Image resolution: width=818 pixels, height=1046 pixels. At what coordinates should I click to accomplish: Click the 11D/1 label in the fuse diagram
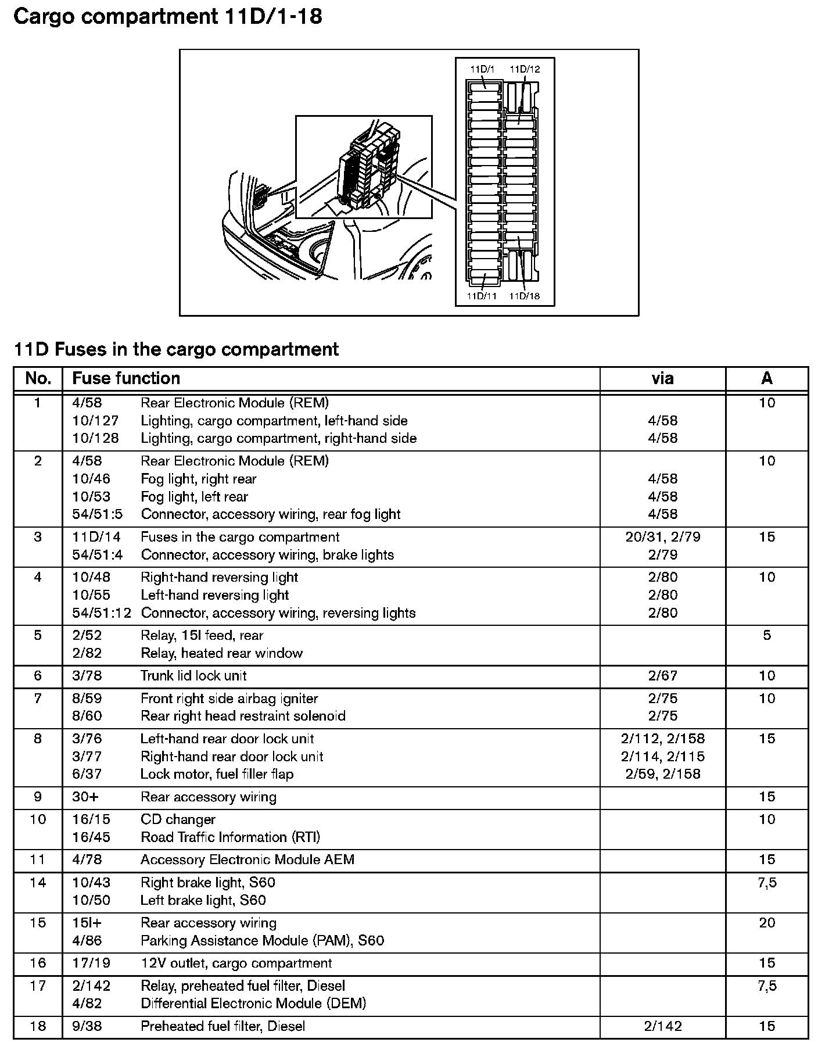point(482,69)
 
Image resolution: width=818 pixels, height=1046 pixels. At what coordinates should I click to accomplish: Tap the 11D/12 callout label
point(525,69)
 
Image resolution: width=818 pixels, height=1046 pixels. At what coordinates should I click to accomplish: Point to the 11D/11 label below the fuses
point(482,296)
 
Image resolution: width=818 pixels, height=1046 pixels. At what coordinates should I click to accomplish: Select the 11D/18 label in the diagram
point(524,296)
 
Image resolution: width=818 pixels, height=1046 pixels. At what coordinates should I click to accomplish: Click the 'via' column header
point(662,379)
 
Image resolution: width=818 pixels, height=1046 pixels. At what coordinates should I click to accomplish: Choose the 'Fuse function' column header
point(125,379)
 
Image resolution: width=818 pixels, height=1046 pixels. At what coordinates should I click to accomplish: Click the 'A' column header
point(767,379)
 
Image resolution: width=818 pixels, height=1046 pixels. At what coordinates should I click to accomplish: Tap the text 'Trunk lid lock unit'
point(193,676)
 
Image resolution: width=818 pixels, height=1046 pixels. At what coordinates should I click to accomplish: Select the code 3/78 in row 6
point(87,676)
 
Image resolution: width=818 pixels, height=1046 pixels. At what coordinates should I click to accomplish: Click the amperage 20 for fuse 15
point(767,923)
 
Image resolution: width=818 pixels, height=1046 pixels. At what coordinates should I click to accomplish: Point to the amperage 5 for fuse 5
point(767,635)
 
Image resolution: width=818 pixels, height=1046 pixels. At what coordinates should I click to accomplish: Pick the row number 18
point(38,1026)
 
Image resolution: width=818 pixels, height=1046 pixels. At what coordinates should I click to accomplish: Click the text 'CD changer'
point(178,819)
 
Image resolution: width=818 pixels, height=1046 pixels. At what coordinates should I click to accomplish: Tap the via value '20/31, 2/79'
point(662,537)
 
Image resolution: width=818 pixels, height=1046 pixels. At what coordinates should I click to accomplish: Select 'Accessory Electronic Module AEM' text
point(247,859)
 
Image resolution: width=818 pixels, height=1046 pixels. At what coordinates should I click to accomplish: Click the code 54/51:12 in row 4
point(101,613)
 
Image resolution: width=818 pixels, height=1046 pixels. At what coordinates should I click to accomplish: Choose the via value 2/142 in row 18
point(662,1026)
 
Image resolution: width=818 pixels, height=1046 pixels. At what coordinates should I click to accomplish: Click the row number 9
point(38,797)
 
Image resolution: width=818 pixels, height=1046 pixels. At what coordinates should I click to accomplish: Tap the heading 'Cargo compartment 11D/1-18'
point(168,17)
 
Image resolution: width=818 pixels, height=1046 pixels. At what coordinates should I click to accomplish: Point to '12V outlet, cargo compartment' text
point(236,963)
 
